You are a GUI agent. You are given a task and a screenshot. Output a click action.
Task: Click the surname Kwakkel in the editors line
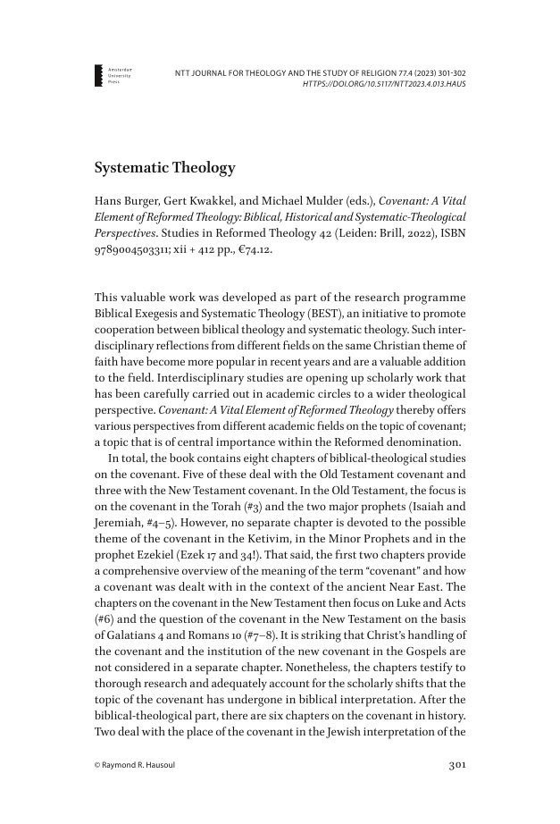point(222,200)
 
